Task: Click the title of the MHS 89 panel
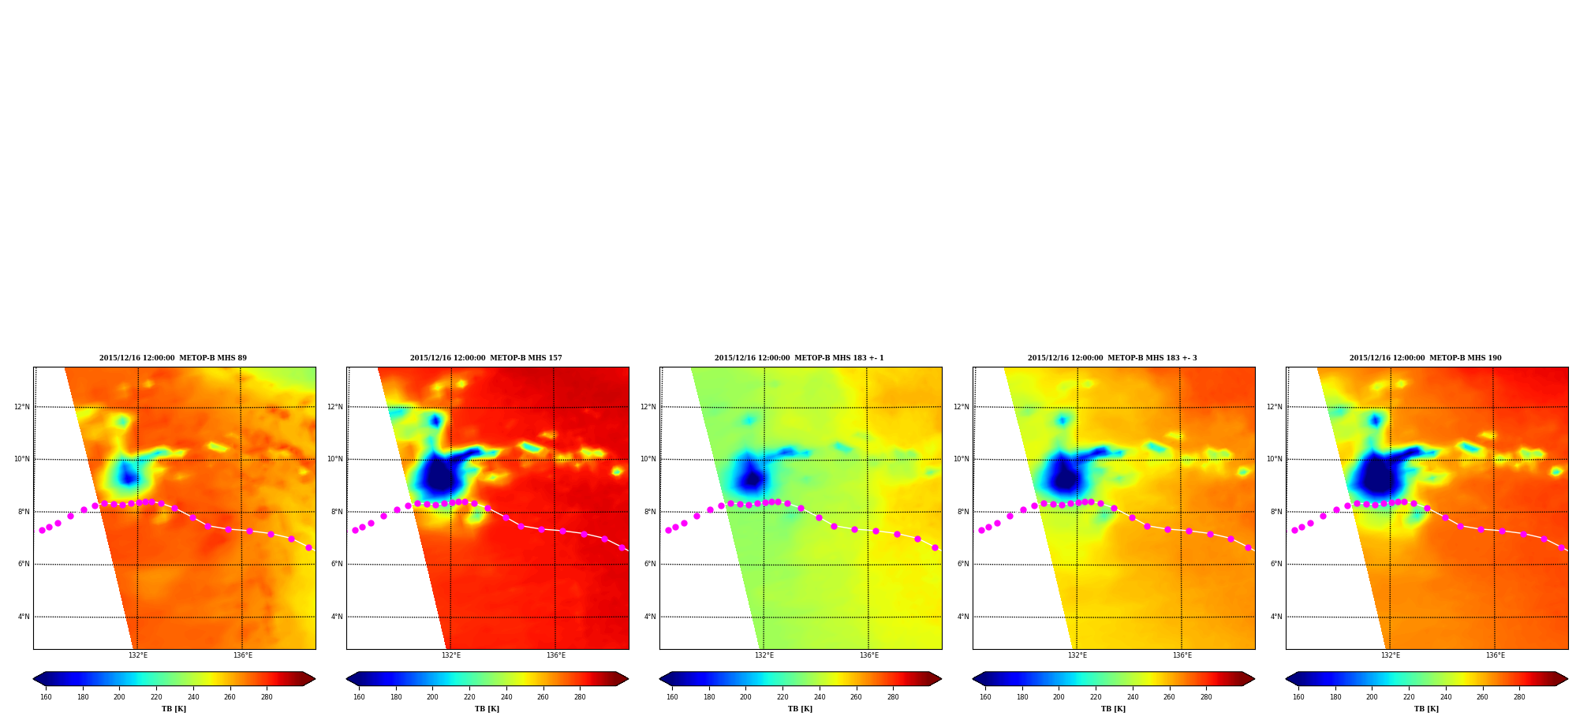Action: click(x=173, y=358)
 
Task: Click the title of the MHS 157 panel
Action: click(x=486, y=358)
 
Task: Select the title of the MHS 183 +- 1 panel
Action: click(x=799, y=358)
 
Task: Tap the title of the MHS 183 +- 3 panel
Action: click(x=1112, y=358)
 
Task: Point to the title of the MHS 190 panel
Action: click(x=1425, y=358)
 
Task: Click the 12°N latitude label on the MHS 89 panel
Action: click(x=22, y=408)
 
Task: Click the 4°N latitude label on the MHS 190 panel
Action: click(x=1276, y=617)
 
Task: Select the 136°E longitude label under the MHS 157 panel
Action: click(x=556, y=655)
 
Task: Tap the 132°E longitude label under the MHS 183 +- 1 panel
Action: click(x=764, y=655)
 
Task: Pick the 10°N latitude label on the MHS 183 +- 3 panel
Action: click(x=962, y=460)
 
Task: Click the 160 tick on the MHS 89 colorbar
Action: click(x=46, y=697)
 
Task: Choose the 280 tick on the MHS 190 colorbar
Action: click(x=1519, y=697)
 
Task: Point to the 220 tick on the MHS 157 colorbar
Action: click(x=469, y=697)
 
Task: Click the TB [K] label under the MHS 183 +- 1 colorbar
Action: click(x=801, y=709)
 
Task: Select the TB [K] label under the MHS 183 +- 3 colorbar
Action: click(x=1114, y=709)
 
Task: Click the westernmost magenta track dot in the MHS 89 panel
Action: click(x=42, y=531)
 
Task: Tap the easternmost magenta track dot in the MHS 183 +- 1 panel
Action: click(x=935, y=547)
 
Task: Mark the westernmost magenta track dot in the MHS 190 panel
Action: click(x=1294, y=531)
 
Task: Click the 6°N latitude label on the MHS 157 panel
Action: click(x=337, y=565)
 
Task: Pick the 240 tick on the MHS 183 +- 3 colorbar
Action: click(x=1133, y=697)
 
